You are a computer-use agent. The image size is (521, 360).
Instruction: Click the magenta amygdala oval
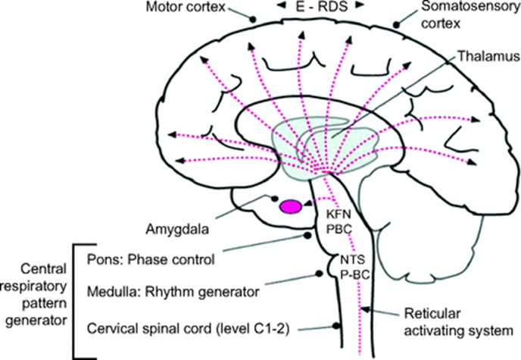291,206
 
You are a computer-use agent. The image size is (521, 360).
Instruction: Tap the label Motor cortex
186,7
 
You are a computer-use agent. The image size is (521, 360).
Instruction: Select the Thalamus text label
488,56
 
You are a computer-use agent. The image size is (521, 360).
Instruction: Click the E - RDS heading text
321,7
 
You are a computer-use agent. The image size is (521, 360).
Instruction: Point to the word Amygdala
177,229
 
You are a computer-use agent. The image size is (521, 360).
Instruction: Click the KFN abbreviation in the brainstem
338,214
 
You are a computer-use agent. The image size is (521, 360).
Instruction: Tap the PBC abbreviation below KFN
338,229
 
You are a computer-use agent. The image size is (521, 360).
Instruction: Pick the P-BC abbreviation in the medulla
355,274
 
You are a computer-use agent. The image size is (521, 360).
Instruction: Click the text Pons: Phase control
151,260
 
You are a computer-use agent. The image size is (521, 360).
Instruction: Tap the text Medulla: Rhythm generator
173,292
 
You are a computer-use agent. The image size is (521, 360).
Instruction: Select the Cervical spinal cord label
188,329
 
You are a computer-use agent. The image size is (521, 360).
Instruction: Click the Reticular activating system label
458,322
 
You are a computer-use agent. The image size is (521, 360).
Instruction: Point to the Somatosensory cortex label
470,14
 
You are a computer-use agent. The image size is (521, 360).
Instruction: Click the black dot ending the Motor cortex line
253,19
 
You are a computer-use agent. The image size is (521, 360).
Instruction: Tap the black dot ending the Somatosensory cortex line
396,24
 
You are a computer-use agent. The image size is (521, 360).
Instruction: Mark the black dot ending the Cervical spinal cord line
336,326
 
